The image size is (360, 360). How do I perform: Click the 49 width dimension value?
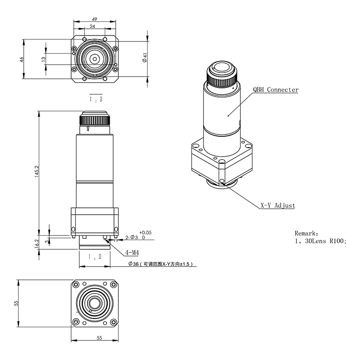95,19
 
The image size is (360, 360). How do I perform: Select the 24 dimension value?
93,27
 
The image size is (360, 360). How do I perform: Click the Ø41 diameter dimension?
144,58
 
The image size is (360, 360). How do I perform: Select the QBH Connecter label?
276,90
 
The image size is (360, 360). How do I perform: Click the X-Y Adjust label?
278,206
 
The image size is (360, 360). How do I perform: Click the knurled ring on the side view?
95,121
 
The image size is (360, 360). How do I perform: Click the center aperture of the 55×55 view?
95,303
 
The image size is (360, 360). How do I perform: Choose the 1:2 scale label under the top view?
95,98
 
